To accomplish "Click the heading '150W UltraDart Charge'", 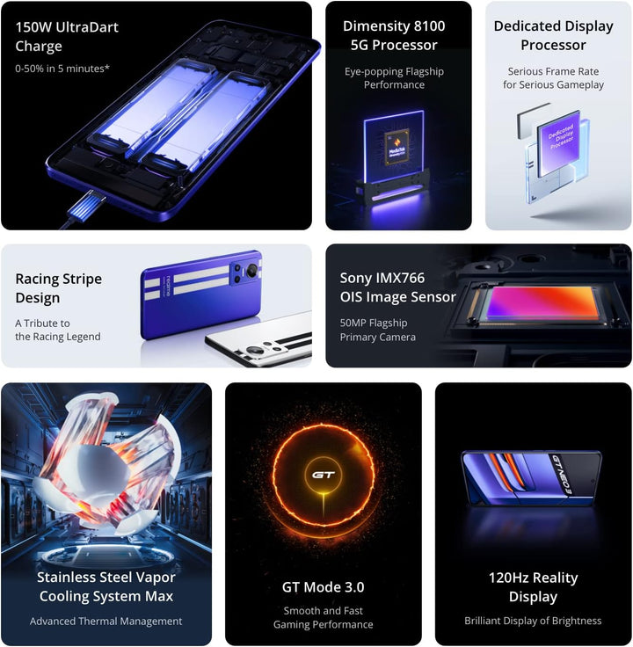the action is tap(67, 36).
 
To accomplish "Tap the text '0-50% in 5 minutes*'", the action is tap(62, 69).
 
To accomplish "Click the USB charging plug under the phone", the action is tap(87, 205).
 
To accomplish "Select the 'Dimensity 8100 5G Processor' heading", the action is tap(394, 35).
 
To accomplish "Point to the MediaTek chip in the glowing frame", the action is tap(397, 148).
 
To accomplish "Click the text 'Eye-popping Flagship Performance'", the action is tap(394, 78).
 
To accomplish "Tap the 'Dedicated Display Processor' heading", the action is tap(553, 35).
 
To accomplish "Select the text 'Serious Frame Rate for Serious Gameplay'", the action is tap(553, 78).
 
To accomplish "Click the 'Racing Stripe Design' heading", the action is tap(59, 288).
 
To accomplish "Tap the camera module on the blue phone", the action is tap(246, 273).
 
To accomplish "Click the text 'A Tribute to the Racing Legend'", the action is tap(58, 330).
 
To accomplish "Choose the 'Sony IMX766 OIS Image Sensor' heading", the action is tap(397, 287).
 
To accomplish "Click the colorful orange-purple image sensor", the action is tap(541, 303).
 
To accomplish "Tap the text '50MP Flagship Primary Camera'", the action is tap(377, 330).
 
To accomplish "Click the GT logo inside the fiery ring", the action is tap(324, 475).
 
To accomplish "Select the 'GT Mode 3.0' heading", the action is tap(324, 586).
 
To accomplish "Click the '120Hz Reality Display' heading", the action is tap(533, 587).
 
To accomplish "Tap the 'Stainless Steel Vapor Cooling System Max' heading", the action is tap(106, 586).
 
